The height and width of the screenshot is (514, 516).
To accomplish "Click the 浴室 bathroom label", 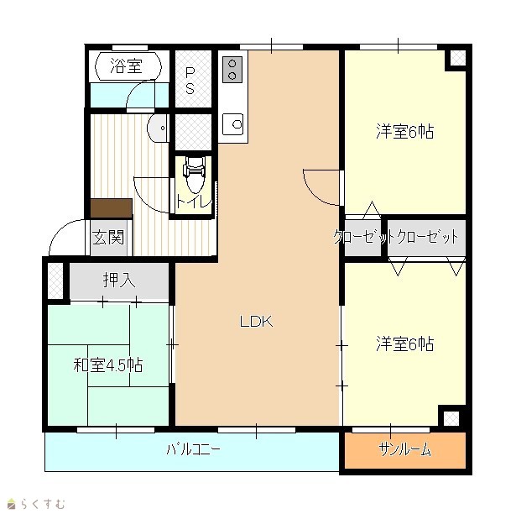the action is [x=126, y=66].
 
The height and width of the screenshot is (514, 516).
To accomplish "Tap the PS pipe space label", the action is [x=190, y=81].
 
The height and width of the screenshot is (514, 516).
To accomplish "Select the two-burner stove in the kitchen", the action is [x=232, y=69].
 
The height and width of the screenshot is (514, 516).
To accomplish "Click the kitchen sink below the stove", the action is [x=233, y=124].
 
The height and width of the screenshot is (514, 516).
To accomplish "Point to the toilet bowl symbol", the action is [x=195, y=174].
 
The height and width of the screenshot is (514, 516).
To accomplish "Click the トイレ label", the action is [x=194, y=202].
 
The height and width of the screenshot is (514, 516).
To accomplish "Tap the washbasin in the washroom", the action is [x=158, y=128].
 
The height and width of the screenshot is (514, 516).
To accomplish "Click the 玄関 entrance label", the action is [x=108, y=237].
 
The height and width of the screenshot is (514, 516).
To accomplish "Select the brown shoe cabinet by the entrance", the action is [x=112, y=208].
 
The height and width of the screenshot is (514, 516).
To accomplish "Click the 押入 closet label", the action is [x=119, y=280].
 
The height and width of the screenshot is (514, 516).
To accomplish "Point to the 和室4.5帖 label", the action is [x=108, y=365].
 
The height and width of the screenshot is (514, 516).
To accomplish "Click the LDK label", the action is [x=257, y=321].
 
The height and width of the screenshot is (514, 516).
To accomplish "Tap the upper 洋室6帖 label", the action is [x=404, y=131].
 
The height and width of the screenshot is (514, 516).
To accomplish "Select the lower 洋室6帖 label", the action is [x=404, y=344].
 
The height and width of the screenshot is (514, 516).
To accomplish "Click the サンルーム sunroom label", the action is [x=404, y=449].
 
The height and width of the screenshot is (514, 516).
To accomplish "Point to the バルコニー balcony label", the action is [x=193, y=448].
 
